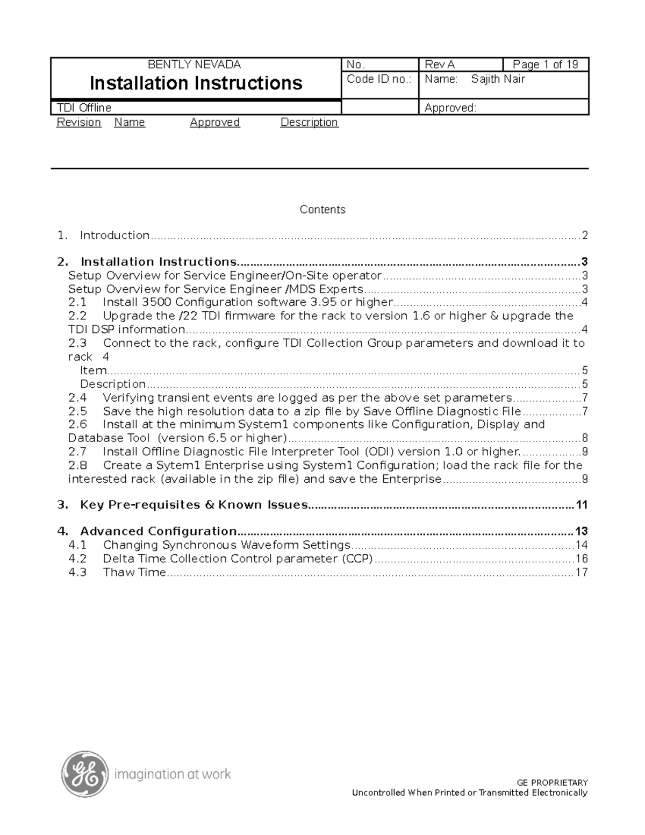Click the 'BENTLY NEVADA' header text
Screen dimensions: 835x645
[x=194, y=65]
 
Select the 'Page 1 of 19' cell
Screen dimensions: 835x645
[x=545, y=65]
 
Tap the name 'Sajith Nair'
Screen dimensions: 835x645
[x=498, y=79]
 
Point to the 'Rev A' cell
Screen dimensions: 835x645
[x=440, y=65]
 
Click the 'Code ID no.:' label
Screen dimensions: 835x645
[x=379, y=79]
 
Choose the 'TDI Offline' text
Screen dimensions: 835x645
[x=84, y=108]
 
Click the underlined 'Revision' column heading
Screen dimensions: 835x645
[x=79, y=123]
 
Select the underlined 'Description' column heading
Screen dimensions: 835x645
[x=309, y=123]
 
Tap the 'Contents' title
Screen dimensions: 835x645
[x=322, y=210]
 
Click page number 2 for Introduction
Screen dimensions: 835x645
[x=584, y=235]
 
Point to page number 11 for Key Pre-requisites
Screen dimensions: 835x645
[x=581, y=505]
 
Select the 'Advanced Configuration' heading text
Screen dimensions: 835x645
[x=158, y=532]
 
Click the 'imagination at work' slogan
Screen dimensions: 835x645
[x=173, y=774]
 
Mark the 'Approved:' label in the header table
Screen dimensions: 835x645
[x=450, y=108]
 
